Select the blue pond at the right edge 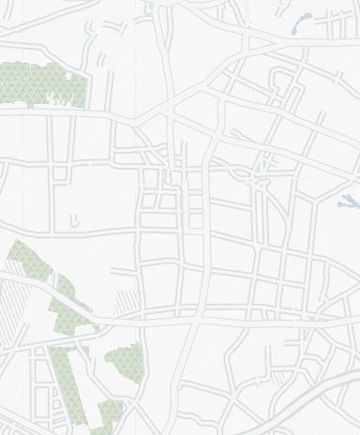coord(348,201)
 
